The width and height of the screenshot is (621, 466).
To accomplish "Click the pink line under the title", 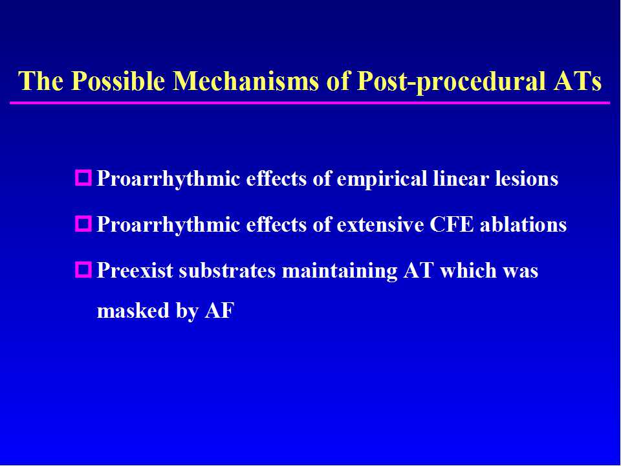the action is point(310,103).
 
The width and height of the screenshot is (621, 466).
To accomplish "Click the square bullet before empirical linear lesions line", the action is point(83,177).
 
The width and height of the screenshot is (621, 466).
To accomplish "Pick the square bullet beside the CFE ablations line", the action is point(83,224).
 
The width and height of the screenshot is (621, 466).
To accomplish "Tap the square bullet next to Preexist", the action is point(83,269).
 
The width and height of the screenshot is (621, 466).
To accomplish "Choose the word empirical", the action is point(382,179).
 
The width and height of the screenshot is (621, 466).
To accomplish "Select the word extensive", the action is point(380,225).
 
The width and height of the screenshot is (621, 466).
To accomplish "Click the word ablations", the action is point(523,225).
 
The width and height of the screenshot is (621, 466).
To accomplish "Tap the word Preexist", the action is point(135,271).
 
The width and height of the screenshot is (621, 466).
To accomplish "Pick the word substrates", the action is point(227,271).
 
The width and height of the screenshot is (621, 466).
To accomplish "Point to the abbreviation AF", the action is point(219,310).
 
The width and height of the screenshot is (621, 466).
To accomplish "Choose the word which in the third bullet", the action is point(468,271).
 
